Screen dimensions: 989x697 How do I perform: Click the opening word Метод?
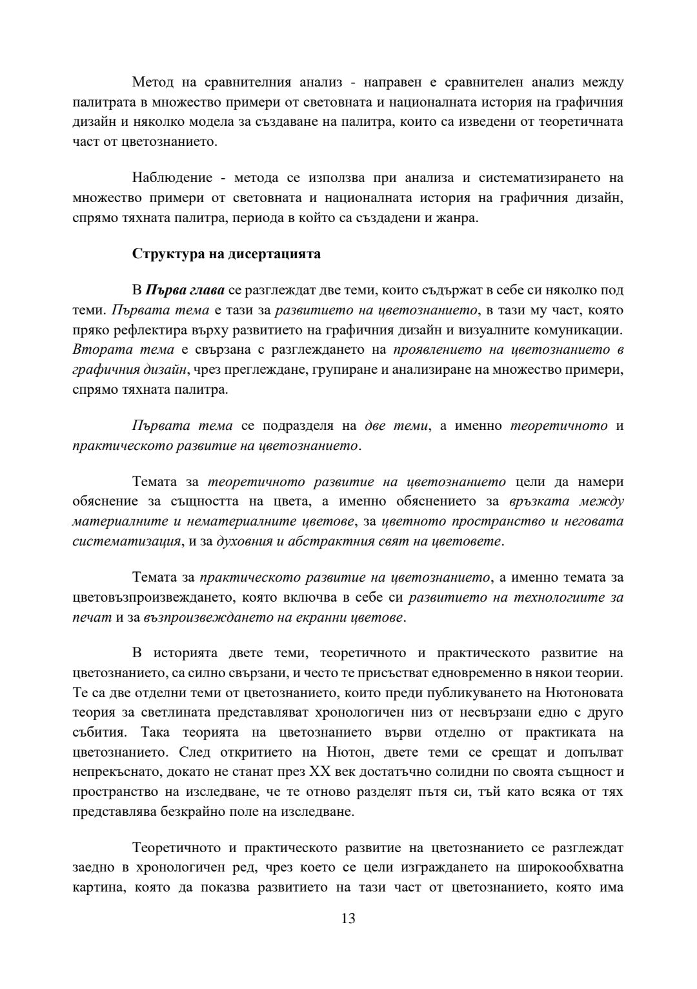tap(152, 82)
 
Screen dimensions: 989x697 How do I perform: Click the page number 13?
tap(348, 919)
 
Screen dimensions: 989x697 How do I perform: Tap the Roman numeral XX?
tap(384, 772)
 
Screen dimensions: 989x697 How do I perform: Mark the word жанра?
tap(458, 217)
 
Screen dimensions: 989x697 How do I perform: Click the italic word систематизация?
tap(126, 540)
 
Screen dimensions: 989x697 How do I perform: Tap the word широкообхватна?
tap(571, 868)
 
